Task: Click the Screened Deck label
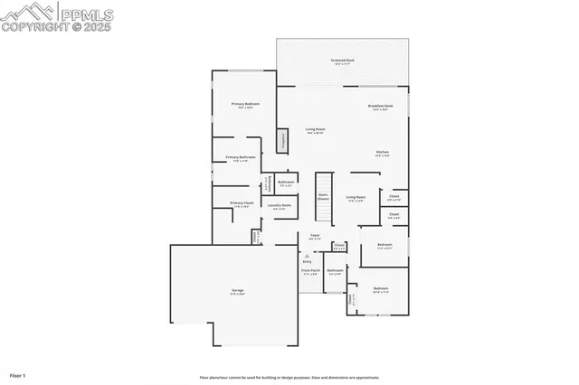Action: pyautogui.click(x=343, y=61)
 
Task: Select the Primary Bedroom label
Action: pyautogui.click(x=245, y=105)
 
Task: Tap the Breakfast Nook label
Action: pyautogui.click(x=380, y=107)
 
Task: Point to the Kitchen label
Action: pyautogui.click(x=382, y=153)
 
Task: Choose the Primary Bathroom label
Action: pyautogui.click(x=240, y=158)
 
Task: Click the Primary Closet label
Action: pyautogui.click(x=242, y=204)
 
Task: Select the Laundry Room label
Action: pyautogui.click(x=279, y=206)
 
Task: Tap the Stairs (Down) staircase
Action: pyautogui.click(x=322, y=202)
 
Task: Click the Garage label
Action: pyautogui.click(x=237, y=291)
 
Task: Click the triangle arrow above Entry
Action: pyautogui.click(x=308, y=256)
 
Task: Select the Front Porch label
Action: pyautogui.click(x=310, y=271)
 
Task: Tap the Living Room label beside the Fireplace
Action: pyautogui.click(x=315, y=130)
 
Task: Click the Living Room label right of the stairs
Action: pyautogui.click(x=356, y=198)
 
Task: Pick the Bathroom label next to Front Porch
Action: pyautogui.click(x=334, y=271)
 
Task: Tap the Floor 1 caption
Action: pyautogui.click(x=18, y=374)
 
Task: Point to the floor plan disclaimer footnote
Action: pyautogui.click(x=289, y=378)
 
